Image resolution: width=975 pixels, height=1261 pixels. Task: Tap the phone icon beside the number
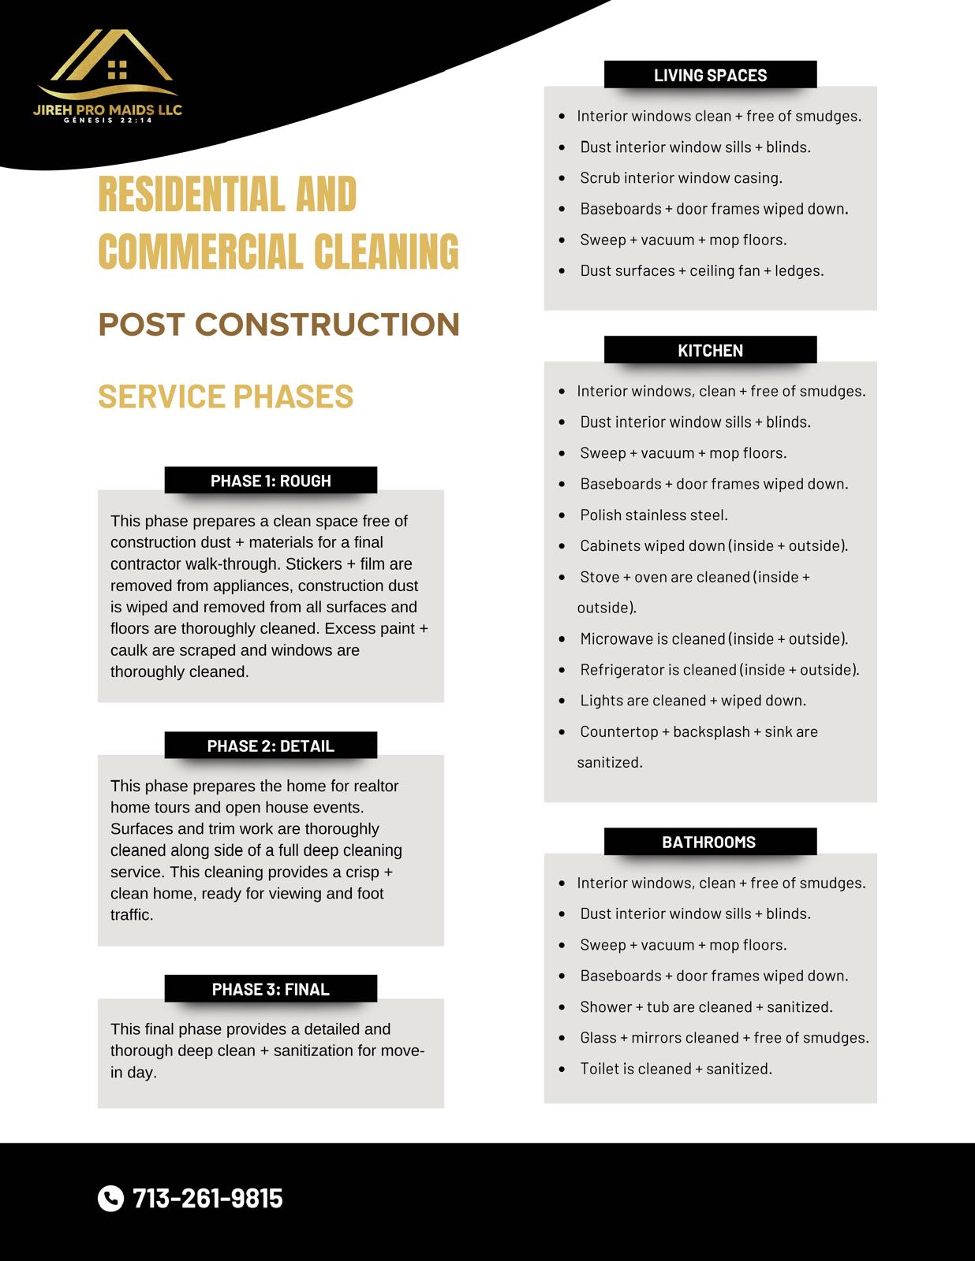point(110,1198)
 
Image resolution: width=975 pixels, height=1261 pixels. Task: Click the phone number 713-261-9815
point(207,1198)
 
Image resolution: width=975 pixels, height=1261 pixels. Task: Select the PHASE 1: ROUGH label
point(271,481)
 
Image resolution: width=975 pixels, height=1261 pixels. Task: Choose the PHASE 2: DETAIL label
point(271,746)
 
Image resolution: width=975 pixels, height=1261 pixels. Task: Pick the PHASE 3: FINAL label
point(271,989)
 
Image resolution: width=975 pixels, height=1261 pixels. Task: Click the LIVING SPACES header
point(710,75)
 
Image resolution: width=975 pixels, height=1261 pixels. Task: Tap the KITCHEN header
point(710,350)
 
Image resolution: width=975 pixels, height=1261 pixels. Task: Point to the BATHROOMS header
point(709,842)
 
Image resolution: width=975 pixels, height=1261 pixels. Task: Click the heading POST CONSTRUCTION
point(278,324)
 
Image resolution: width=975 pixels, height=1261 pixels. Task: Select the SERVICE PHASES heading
point(226,396)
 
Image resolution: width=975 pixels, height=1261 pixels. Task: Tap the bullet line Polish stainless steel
point(654,515)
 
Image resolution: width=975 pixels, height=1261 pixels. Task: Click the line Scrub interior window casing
point(681,177)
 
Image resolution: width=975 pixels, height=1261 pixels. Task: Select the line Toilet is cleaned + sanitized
point(676,1069)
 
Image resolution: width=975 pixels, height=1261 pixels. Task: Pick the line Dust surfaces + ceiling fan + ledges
point(701,270)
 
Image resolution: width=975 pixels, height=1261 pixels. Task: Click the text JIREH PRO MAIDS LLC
point(108,110)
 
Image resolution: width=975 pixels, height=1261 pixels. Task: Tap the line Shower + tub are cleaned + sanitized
point(706,1006)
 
